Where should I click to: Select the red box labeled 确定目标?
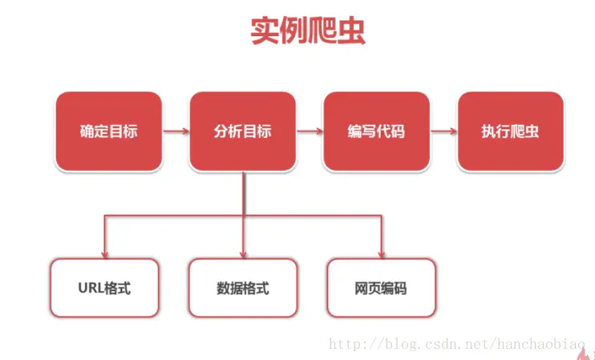108,131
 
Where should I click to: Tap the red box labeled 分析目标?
243,131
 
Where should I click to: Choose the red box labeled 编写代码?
376,131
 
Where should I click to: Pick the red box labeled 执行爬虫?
510,131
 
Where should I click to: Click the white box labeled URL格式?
104,287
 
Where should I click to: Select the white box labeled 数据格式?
243,287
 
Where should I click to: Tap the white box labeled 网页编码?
381,287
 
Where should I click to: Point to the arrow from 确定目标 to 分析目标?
176,131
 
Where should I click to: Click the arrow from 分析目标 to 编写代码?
310,131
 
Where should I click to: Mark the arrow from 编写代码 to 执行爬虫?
443,131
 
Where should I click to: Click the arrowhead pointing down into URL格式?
104,251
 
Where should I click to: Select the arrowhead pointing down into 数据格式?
243,251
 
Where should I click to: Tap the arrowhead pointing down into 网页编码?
382,251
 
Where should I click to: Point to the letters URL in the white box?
91,287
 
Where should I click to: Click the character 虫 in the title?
351,33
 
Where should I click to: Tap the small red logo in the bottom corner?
590,353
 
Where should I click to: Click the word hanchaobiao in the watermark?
546,345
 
